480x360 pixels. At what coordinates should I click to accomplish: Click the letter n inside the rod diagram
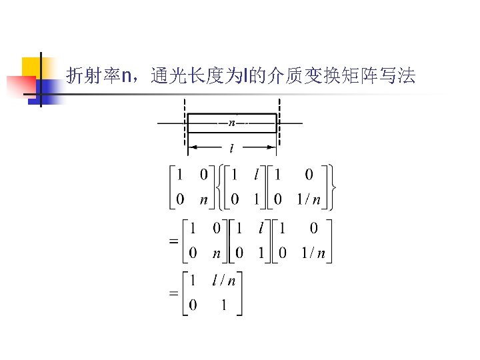[x=231, y=123]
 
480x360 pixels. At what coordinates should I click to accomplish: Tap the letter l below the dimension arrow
[x=231, y=147]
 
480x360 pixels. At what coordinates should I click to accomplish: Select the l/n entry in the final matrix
[x=223, y=281]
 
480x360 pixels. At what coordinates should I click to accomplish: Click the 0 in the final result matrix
[x=193, y=305]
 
